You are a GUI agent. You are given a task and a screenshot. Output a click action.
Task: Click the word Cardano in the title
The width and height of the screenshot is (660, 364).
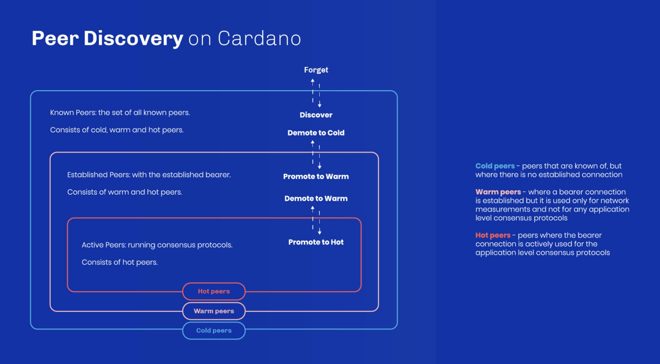pyautogui.click(x=259, y=38)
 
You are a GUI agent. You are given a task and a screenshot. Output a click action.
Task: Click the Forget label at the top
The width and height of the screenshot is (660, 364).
pyautogui.click(x=316, y=70)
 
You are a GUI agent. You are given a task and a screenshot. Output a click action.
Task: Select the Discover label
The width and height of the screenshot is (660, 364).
pyautogui.click(x=316, y=115)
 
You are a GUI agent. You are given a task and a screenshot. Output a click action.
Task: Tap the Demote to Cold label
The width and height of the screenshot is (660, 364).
pyautogui.click(x=316, y=133)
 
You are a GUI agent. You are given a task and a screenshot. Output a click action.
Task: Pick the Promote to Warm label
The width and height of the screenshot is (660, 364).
pyautogui.click(x=316, y=176)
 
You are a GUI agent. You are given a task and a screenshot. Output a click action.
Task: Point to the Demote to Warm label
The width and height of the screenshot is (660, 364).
pyautogui.click(x=316, y=198)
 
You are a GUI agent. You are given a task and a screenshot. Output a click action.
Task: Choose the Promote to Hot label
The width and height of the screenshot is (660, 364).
pyautogui.click(x=316, y=242)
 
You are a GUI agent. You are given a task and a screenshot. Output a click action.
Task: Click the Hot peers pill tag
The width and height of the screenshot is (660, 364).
pyautogui.click(x=214, y=291)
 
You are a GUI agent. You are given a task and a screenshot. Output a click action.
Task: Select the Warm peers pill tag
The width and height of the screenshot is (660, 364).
pyautogui.click(x=214, y=311)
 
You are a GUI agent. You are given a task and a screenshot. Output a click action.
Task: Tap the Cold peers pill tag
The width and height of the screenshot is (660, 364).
pyautogui.click(x=214, y=330)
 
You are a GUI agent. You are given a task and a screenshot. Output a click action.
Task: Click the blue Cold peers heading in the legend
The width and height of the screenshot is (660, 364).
pyautogui.click(x=495, y=166)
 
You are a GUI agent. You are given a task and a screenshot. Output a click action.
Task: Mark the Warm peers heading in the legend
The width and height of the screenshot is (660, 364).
pyautogui.click(x=498, y=192)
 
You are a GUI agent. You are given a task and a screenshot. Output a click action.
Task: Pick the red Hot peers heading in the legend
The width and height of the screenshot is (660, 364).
pyautogui.click(x=493, y=235)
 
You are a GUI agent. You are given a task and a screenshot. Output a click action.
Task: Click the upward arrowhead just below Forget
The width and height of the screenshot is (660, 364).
pyautogui.click(x=312, y=81)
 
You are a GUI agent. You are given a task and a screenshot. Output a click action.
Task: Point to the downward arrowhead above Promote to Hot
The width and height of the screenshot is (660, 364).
pyautogui.click(x=319, y=233)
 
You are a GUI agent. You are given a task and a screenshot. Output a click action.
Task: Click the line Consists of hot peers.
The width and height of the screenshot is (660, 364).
pyautogui.click(x=120, y=262)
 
